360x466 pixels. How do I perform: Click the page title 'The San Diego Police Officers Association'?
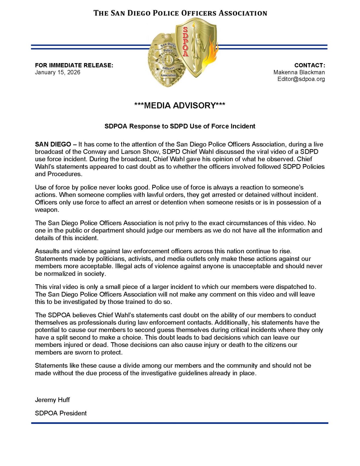[180, 13]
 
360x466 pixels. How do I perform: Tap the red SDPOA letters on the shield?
[185, 42]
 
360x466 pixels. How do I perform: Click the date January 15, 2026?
[58, 72]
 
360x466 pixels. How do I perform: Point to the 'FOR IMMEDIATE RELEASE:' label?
[74, 65]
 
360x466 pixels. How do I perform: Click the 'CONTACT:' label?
[309, 65]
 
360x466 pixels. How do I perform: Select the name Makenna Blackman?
[299, 72]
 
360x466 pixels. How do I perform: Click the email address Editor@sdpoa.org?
[301, 79]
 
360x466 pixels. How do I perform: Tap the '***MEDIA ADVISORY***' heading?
[180, 105]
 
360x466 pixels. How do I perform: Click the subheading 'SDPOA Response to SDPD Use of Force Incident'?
[180, 126]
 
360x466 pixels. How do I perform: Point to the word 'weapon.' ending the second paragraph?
[47, 210]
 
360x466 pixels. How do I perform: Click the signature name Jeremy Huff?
[52, 400]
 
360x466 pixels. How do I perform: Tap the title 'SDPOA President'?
[61, 413]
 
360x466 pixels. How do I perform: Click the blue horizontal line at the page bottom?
[180, 423]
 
